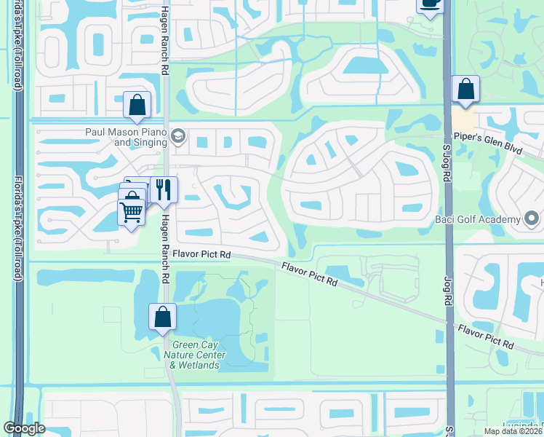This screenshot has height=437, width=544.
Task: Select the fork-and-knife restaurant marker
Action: [x=164, y=191]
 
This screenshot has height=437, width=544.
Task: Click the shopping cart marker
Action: [x=131, y=212]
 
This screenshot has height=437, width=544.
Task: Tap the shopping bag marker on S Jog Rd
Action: [x=465, y=90]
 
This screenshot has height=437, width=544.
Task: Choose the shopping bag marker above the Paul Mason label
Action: [x=137, y=106]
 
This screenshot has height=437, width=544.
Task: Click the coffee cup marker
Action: [x=430, y=4]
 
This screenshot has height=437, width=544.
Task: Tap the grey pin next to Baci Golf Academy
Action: [x=532, y=219]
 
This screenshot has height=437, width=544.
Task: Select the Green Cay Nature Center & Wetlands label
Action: [x=199, y=355]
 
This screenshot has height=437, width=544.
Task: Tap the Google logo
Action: [x=25, y=429]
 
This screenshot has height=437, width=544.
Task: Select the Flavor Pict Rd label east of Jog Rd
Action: [x=487, y=336]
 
